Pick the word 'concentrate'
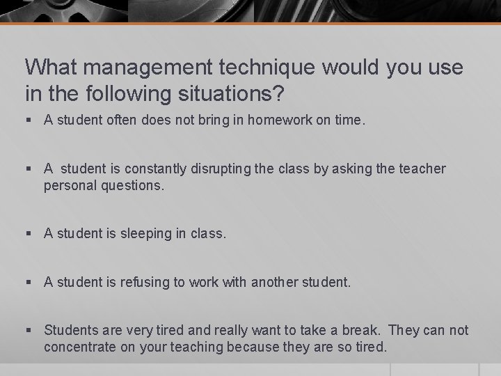(x=79, y=347)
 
